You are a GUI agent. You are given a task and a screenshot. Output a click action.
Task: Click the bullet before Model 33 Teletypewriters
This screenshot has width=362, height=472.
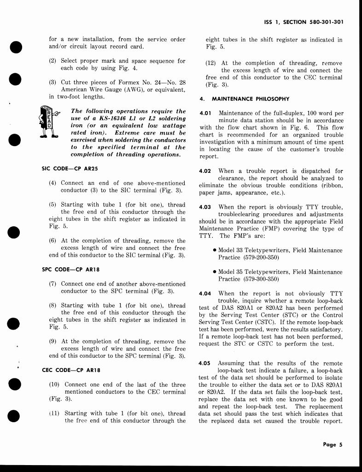[x=215, y=250]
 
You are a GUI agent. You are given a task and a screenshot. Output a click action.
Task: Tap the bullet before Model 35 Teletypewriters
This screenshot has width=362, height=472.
[x=215, y=272]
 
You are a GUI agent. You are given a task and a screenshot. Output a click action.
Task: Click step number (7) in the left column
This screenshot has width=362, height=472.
[x=53, y=284]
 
